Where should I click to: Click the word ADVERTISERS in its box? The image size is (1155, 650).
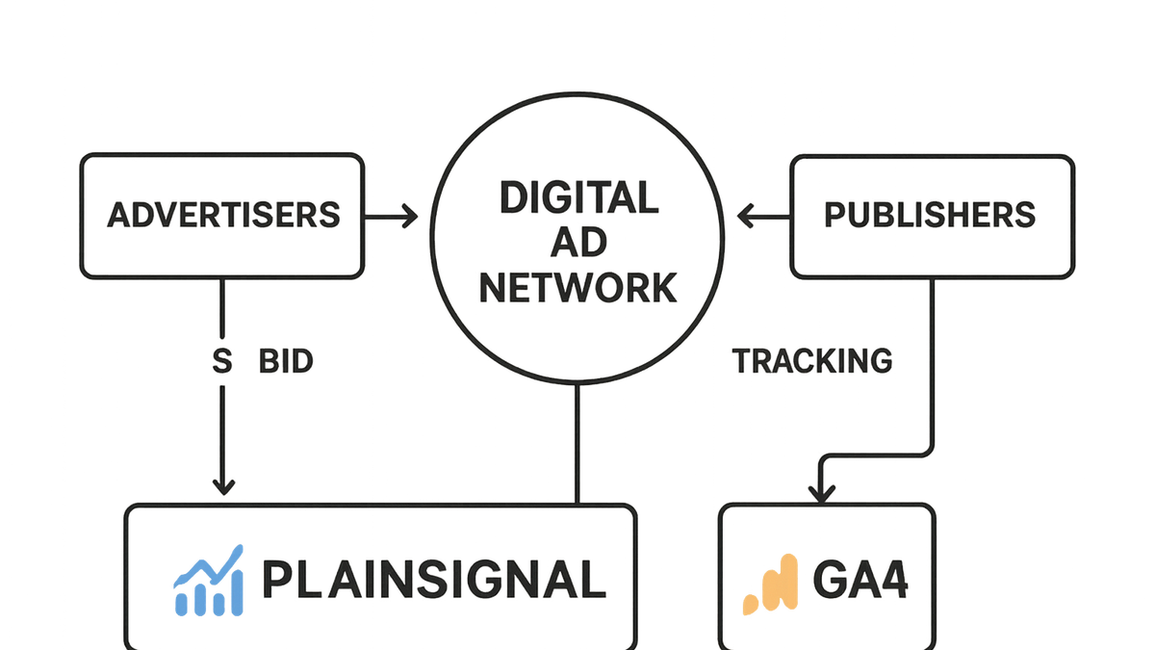[x=223, y=215]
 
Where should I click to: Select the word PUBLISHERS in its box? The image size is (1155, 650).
[x=930, y=215]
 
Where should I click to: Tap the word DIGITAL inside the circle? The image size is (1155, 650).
[x=579, y=197]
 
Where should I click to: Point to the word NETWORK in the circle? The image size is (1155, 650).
[x=578, y=288]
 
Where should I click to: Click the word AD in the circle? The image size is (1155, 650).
[x=578, y=243]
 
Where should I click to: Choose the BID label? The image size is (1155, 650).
[x=286, y=361]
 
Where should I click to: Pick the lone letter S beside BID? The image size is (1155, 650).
[x=222, y=361]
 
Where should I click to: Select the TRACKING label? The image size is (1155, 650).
[x=812, y=360]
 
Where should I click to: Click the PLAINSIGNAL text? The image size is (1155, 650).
[x=434, y=580]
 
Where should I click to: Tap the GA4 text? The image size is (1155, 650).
[x=860, y=580]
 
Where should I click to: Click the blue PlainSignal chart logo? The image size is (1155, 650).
[x=208, y=581]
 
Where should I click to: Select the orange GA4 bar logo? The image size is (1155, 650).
[x=770, y=585]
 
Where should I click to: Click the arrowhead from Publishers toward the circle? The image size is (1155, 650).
[x=746, y=216]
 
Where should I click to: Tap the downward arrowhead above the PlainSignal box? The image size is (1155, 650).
[x=223, y=487]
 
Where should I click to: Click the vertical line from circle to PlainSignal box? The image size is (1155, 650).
[x=577, y=444]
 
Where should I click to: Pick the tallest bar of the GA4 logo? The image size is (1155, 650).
[x=789, y=582]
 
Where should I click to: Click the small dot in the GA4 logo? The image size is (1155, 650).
[x=750, y=605]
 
